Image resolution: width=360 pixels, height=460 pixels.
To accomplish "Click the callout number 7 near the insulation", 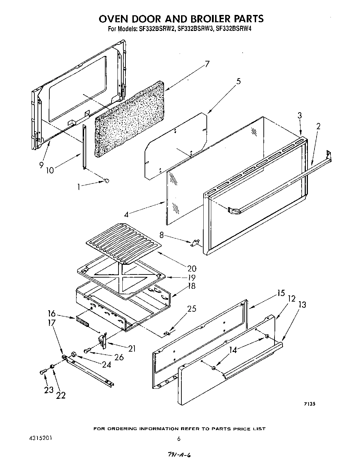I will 207,64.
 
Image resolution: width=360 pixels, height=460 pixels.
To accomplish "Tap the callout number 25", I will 191,309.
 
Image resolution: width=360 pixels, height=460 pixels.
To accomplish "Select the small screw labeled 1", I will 107,180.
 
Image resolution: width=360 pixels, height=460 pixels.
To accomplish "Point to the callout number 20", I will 191,268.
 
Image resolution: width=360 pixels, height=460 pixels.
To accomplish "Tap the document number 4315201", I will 39,438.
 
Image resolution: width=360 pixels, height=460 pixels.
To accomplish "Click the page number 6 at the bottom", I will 179,439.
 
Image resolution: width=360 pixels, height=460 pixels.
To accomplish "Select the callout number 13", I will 302,305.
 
